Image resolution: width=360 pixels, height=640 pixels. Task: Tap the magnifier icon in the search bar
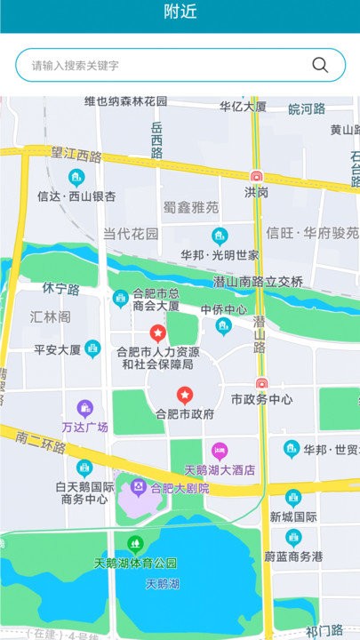pyautogui.click(x=320, y=65)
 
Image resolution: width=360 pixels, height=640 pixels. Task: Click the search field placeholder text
pyautogui.click(x=76, y=66)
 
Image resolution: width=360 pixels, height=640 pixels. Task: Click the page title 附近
pyautogui.click(x=180, y=12)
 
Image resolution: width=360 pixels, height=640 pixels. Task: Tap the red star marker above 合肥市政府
pyautogui.click(x=185, y=395)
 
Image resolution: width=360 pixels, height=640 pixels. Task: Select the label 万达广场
pyautogui.click(x=84, y=428)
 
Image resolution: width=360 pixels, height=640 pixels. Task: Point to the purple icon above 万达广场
pyautogui.click(x=84, y=409)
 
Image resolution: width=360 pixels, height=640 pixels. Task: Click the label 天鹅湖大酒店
pyautogui.click(x=220, y=469)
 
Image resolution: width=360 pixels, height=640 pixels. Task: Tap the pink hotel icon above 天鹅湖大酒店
pyautogui.click(x=220, y=451)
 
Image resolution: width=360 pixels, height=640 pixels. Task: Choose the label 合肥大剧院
pyautogui.click(x=180, y=488)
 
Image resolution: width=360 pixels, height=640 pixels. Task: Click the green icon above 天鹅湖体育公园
pyautogui.click(x=135, y=542)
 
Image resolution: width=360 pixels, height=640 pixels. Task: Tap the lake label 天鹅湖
pyautogui.click(x=163, y=584)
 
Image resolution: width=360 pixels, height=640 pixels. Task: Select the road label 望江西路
pyautogui.click(x=76, y=156)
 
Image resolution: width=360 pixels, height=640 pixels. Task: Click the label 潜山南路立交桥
pyautogui.click(x=259, y=282)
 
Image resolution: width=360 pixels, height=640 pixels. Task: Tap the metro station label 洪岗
pyautogui.click(x=257, y=192)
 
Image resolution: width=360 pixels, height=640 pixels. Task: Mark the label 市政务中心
pyautogui.click(x=261, y=400)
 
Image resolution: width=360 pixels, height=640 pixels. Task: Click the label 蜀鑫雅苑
pyautogui.click(x=191, y=207)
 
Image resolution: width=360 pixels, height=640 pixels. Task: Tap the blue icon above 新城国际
pyautogui.click(x=293, y=497)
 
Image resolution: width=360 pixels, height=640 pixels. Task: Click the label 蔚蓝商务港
pyautogui.click(x=293, y=557)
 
